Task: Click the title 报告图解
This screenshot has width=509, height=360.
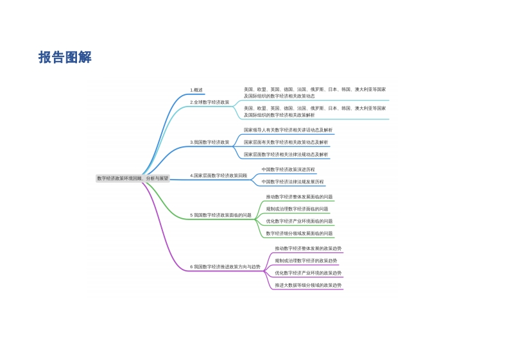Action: pos(65,57)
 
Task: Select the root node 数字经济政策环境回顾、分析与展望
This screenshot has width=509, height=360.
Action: pos(133,178)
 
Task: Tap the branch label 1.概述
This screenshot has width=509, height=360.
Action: pos(196,90)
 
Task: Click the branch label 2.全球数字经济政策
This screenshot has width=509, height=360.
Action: pos(210,102)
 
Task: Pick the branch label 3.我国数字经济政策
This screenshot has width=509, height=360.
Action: pos(210,142)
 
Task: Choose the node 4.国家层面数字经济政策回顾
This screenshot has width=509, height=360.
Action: pos(218,176)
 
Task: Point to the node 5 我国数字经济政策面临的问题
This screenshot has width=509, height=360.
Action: pos(221,215)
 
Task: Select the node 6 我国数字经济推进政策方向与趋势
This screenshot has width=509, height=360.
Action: pos(225,267)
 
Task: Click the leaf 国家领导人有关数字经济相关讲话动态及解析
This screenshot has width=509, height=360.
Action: pos(288,130)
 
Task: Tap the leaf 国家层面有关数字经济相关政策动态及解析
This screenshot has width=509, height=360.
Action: pos(286,142)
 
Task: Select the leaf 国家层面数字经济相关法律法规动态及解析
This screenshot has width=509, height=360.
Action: pos(286,155)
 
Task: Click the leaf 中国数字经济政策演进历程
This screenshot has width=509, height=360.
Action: pos(288,169)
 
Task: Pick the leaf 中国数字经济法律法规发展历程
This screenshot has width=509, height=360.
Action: pos(293,182)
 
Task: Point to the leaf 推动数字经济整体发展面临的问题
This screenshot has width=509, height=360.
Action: pos(299,197)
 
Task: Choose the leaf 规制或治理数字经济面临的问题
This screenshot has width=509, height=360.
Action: pos(297,209)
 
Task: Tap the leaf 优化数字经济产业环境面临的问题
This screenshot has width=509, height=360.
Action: pos(299,221)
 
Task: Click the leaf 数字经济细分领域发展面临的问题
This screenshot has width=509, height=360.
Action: pos(299,234)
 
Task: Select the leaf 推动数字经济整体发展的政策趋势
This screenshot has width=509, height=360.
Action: pos(308,248)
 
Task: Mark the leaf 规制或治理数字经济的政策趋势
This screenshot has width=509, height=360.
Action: pos(306,261)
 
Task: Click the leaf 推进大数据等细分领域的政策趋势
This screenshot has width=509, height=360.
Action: pos(308,286)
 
